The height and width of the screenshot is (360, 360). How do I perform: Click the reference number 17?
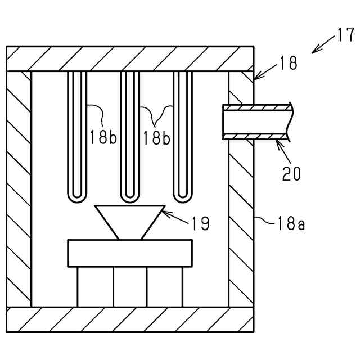(345, 36)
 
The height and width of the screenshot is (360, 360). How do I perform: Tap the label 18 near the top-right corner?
(287, 63)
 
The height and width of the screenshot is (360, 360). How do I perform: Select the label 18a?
(291, 224)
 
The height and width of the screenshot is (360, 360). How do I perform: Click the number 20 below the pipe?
(291, 173)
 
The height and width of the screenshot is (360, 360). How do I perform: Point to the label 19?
(200, 223)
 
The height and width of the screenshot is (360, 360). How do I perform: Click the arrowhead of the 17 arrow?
(314, 52)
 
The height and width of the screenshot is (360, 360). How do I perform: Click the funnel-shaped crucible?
(129, 219)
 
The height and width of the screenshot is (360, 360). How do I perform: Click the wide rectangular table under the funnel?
(129, 253)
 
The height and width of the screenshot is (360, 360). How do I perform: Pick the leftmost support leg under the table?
(94, 286)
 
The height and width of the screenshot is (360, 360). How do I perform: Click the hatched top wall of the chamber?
(129, 58)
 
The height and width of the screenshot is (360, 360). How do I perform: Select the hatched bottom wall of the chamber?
(129, 319)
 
